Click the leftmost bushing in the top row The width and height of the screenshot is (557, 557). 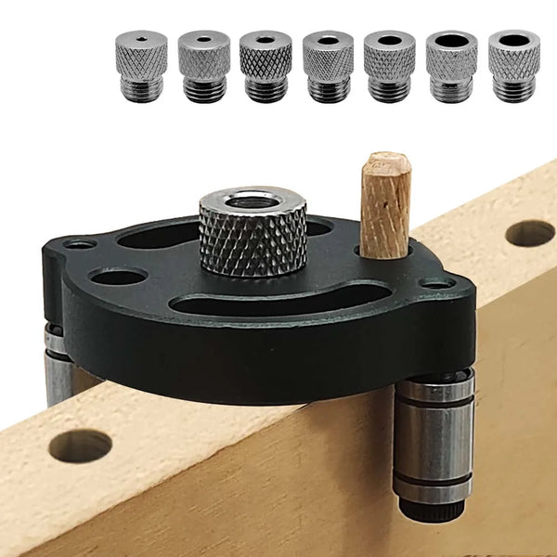click(x=140, y=64)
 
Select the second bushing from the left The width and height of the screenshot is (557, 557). click(x=203, y=64)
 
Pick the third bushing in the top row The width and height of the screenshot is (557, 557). click(x=266, y=65)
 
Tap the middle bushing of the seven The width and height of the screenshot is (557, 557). click(x=327, y=65)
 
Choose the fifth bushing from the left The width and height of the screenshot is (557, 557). click(x=389, y=65)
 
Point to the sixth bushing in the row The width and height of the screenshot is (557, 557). click(x=451, y=65)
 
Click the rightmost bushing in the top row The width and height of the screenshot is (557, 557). click(x=513, y=65)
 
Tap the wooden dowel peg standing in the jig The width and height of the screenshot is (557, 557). click(x=385, y=204)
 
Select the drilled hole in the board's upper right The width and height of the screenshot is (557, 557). click(x=530, y=233)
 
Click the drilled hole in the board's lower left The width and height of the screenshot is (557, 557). click(x=81, y=446)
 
